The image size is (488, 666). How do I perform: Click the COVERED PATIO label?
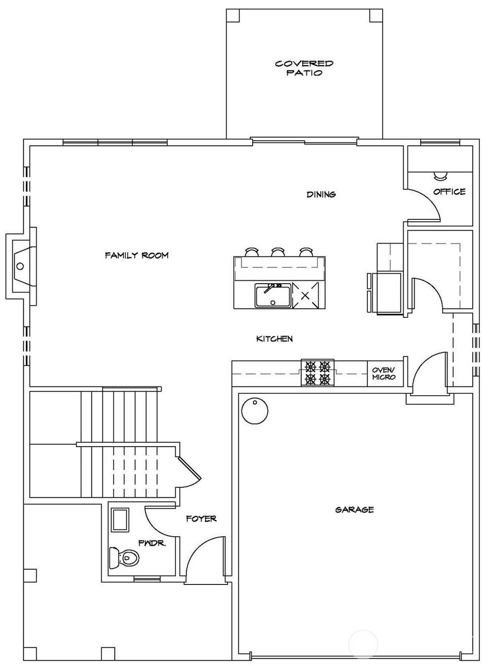coord(304,68)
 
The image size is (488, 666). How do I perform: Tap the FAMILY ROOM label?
coord(137,256)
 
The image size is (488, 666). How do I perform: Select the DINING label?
coord(321,195)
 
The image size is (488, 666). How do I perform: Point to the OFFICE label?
coord(449,192)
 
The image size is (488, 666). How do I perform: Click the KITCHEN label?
coord(274,339)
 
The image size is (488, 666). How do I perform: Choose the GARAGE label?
coord(354,510)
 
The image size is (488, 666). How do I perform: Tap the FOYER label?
coord(201,518)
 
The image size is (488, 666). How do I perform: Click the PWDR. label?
coord(152,543)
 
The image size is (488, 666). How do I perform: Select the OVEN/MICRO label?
coord(384,373)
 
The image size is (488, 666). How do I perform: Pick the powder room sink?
coord(120,520)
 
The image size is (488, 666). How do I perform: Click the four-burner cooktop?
coord(317,373)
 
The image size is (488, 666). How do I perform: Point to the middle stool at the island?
coord(278,251)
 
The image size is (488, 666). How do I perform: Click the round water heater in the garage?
coord(254,410)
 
